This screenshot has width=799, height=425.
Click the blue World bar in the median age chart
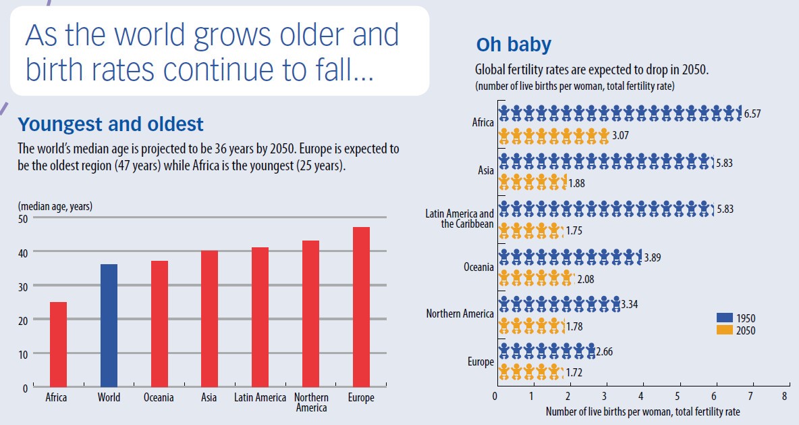pos(109,326)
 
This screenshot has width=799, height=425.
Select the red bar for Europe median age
pos(361,307)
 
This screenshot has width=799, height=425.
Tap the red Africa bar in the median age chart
pos(58,345)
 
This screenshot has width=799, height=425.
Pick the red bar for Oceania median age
pos(159,324)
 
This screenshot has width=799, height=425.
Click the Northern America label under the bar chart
pos(311,403)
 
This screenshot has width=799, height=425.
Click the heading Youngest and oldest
pos(111,125)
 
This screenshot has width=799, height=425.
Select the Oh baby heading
pos(514,45)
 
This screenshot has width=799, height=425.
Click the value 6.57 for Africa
pos(752,114)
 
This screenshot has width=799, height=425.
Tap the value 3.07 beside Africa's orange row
pos(621,136)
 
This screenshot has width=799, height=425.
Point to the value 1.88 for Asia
pos(578,182)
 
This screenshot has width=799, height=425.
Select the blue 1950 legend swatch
pos(724,318)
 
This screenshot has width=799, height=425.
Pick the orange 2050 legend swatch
pos(724,330)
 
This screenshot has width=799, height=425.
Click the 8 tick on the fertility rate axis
pos(784,396)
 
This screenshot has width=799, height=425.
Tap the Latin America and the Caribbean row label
pos(460,219)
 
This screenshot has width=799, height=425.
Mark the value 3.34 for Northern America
pos(628,305)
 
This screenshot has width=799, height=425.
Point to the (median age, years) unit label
pos(55,206)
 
